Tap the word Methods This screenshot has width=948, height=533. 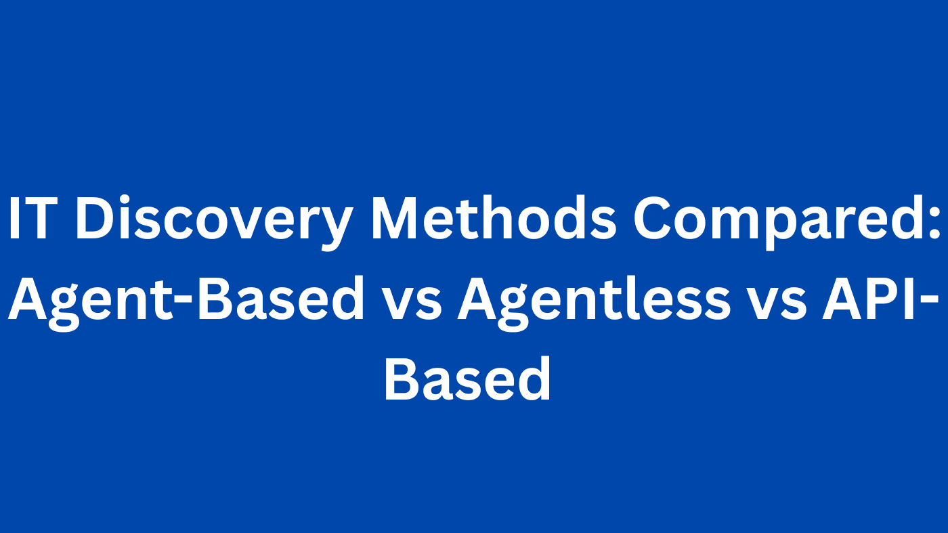493,217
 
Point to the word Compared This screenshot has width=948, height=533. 777,222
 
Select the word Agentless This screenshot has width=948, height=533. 594,302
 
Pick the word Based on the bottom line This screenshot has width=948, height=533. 468,378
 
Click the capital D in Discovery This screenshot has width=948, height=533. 95,218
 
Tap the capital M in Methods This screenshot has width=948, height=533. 395,218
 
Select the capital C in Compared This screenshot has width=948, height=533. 653,218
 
